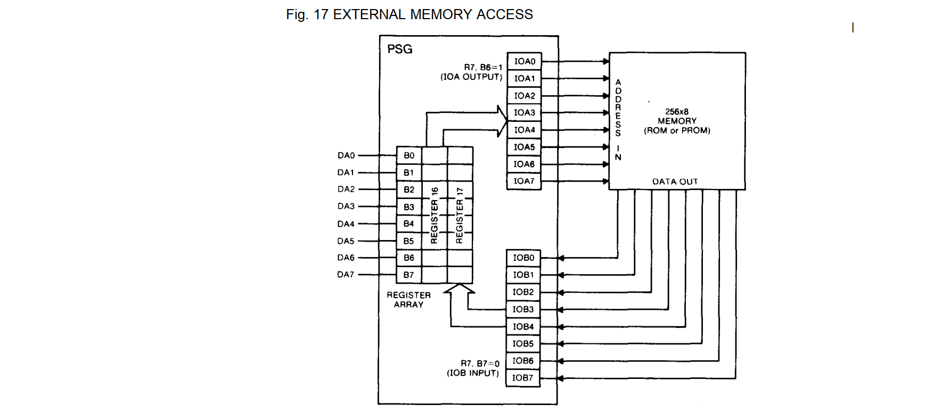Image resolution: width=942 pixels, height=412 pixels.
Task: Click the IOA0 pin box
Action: click(x=524, y=61)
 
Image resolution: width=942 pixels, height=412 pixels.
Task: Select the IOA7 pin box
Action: click(x=524, y=181)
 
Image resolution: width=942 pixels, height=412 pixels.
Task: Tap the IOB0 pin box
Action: click(x=523, y=258)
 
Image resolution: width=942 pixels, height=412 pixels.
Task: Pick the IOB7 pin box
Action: click(x=523, y=378)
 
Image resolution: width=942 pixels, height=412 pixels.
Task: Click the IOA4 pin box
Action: click(x=524, y=130)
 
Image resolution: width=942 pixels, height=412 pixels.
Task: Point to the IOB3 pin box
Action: click(x=523, y=309)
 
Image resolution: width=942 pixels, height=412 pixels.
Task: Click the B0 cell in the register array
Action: click(x=409, y=155)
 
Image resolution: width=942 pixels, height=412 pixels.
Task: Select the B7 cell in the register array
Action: click(x=409, y=275)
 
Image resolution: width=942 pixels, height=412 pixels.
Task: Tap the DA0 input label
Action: click(x=346, y=155)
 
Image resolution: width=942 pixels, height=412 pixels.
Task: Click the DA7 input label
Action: click(x=346, y=275)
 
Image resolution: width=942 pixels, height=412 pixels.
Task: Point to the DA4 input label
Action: click(x=346, y=224)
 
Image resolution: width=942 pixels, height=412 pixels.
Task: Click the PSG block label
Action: click(x=399, y=50)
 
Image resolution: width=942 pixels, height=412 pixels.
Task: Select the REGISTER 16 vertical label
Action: click(x=435, y=215)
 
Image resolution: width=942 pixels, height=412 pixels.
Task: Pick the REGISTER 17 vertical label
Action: click(x=460, y=215)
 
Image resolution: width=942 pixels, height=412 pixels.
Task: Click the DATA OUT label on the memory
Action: click(x=675, y=182)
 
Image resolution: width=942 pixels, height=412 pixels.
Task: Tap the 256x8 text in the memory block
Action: click(x=677, y=112)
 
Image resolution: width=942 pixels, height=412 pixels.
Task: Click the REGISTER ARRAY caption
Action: click(x=408, y=300)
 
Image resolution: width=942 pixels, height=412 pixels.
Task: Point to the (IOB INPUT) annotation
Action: click(x=473, y=373)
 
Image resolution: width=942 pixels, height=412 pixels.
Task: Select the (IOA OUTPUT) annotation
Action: click(x=471, y=77)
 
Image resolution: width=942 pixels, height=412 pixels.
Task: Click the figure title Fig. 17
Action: click(x=409, y=14)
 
